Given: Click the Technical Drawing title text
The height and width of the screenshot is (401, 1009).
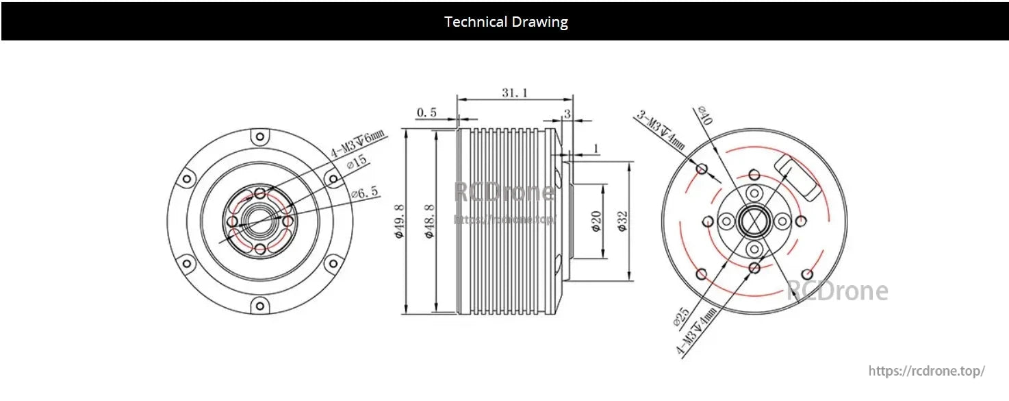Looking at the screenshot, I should click(506, 21).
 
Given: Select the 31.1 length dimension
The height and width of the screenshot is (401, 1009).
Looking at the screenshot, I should click(514, 93).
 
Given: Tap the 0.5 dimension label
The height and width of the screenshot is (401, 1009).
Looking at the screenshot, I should click(426, 113).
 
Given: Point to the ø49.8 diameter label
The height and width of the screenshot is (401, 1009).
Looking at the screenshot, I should click(400, 221).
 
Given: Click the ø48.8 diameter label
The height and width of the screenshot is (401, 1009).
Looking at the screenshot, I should click(429, 221).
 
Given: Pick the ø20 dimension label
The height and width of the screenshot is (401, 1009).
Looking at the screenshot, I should click(596, 222).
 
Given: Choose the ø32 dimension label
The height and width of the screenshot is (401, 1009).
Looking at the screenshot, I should click(622, 221).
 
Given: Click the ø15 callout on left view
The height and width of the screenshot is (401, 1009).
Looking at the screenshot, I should click(357, 162).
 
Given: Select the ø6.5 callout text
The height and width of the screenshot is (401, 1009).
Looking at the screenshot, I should click(364, 194).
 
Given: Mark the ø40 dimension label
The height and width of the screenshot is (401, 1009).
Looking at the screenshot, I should click(705, 116).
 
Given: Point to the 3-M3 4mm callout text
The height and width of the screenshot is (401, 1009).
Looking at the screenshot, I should click(661, 130).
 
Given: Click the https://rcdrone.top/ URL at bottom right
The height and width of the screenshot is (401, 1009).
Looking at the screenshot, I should click(927, 371).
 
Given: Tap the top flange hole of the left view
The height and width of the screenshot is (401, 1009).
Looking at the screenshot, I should click(259, 138).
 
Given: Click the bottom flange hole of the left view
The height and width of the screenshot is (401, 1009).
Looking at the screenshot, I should click(259, 305).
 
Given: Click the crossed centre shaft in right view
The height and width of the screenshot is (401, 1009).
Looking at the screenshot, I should click(753, 221).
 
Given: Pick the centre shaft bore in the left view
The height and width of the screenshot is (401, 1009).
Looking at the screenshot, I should click(259, 221).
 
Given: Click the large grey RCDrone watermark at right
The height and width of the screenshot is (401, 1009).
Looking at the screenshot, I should click(836, 291).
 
